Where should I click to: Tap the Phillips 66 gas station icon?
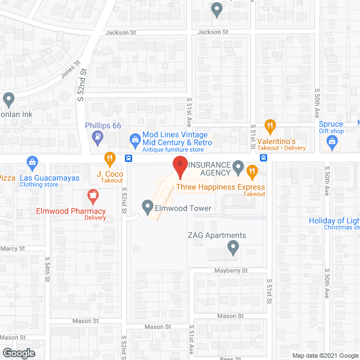(98, 136)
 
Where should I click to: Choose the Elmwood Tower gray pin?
(147, 207)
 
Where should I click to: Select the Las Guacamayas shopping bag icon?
(32, 164)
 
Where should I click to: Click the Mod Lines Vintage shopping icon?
(134, 138)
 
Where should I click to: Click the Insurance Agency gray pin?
(238, 166)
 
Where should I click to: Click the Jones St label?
(71, 70)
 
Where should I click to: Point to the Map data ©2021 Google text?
(325, 355)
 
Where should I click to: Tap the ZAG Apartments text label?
(217, 236)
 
